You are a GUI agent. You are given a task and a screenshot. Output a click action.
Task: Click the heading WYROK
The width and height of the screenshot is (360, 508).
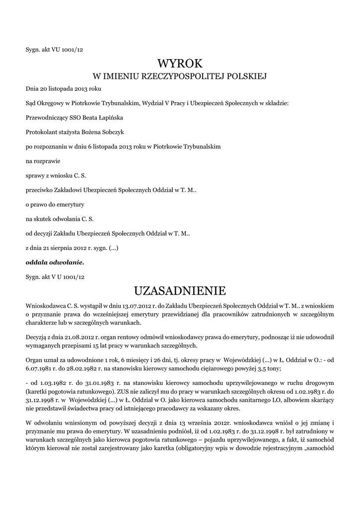point(180,63)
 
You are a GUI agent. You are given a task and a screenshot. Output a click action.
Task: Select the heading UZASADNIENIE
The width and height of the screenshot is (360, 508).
point(180,290)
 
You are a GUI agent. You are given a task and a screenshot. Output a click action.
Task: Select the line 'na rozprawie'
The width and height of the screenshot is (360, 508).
point(41,161)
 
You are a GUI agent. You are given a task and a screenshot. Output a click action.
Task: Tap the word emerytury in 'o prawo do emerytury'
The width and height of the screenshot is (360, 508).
point(72,204)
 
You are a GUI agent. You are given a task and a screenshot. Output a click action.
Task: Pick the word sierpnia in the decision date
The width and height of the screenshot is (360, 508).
point(68,247)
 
